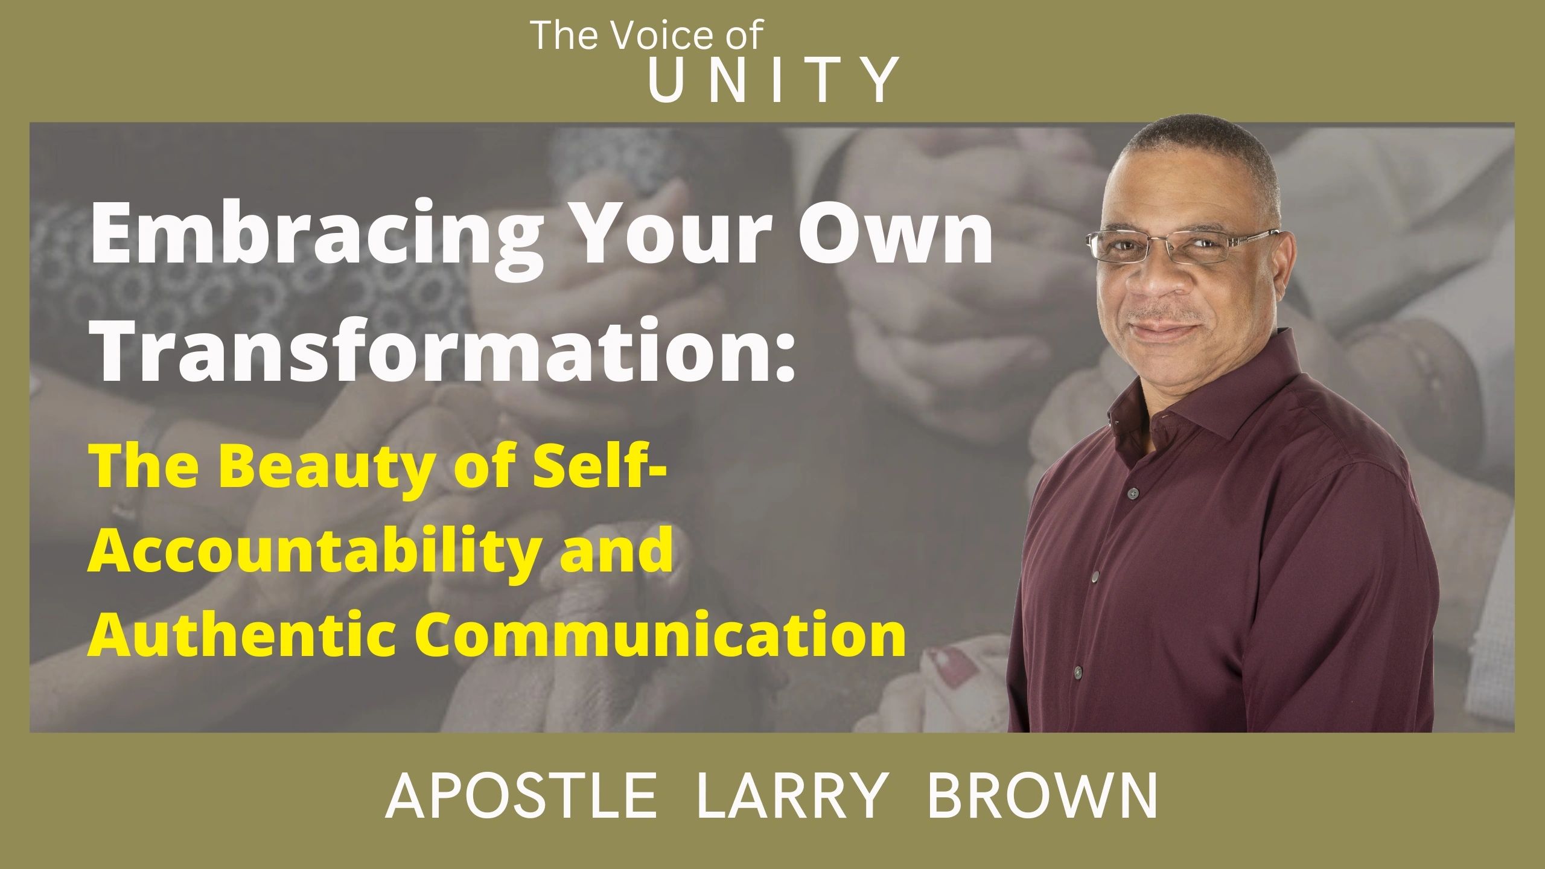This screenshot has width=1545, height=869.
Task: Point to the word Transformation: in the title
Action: tap(444, 350)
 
